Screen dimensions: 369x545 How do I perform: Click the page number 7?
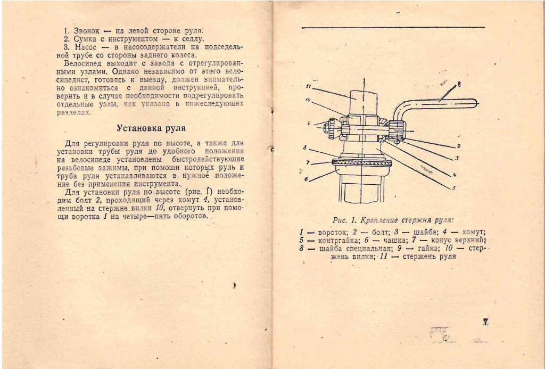click(485, 322)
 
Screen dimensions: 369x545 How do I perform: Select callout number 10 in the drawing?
click(308, 100)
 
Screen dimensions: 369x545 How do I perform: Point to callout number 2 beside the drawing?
click(458, 145)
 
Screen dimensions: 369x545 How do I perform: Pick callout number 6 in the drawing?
click(307, 179)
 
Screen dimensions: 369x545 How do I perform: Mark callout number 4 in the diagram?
click(456, 175)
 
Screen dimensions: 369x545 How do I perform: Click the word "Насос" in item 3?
click(85, 47)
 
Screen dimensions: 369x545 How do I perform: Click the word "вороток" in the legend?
click(332, 232)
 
